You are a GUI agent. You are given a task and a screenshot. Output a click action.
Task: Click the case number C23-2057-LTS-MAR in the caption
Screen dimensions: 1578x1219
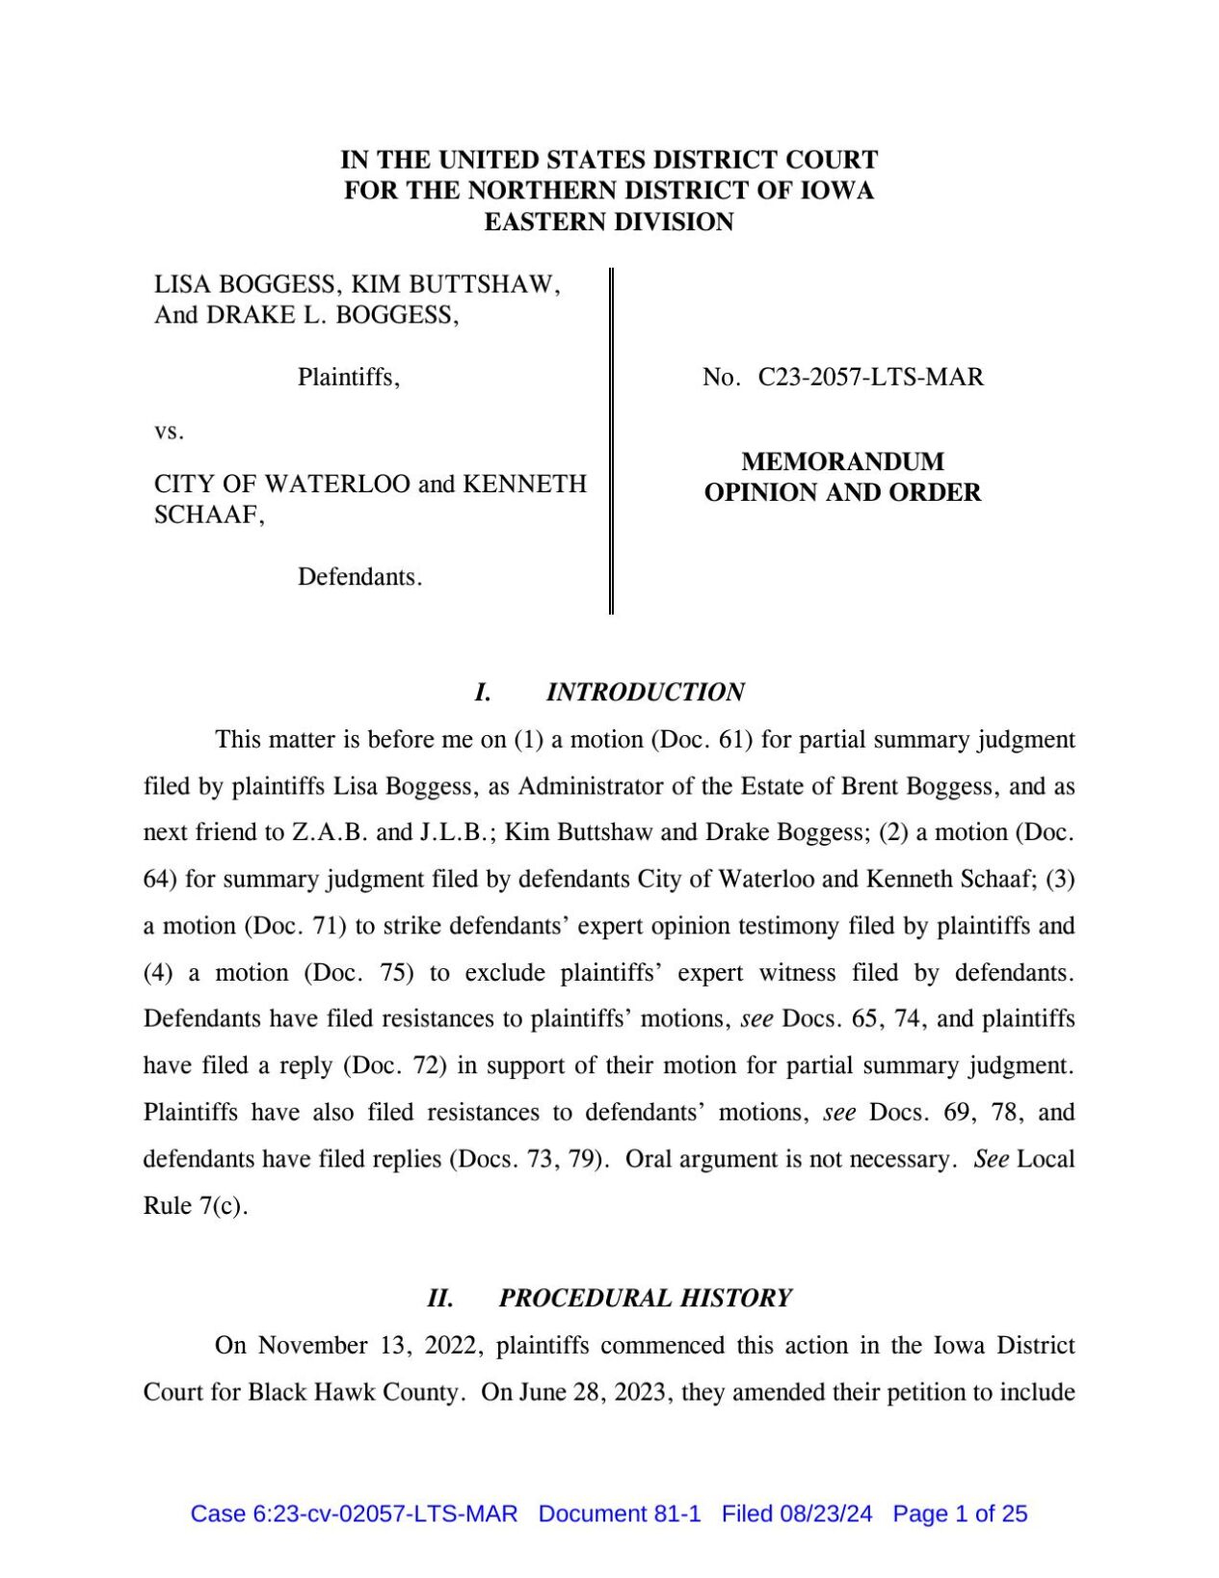(870, 378)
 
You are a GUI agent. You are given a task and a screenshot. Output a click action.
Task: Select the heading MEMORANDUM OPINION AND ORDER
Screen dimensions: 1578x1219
(842, 477)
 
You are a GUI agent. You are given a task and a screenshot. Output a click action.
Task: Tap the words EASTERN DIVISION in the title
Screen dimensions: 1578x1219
(609, 223)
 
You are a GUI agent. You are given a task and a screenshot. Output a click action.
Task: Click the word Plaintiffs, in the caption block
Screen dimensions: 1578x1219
(348, 377)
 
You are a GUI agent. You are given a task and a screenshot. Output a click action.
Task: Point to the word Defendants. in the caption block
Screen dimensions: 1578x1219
(359, 577)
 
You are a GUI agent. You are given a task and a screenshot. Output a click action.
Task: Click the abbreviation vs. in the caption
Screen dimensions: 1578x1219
(169, 432)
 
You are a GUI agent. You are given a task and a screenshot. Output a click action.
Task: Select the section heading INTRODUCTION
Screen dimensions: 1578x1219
(645, 692)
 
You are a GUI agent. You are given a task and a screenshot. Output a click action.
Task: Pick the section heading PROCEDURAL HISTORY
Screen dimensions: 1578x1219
(645, 1298)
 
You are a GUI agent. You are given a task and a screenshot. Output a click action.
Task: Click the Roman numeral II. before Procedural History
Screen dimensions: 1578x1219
(440, 1298)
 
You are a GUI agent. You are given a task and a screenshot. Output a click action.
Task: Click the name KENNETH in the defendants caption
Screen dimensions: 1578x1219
(524, 484)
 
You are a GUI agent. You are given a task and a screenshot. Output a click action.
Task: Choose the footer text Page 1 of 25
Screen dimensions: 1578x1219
(960, 1513)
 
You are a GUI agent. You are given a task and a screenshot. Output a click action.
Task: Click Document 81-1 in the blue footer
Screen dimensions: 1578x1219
(620, 1513)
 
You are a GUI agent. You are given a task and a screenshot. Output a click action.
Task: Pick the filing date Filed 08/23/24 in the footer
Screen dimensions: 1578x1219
(797, 1513)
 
